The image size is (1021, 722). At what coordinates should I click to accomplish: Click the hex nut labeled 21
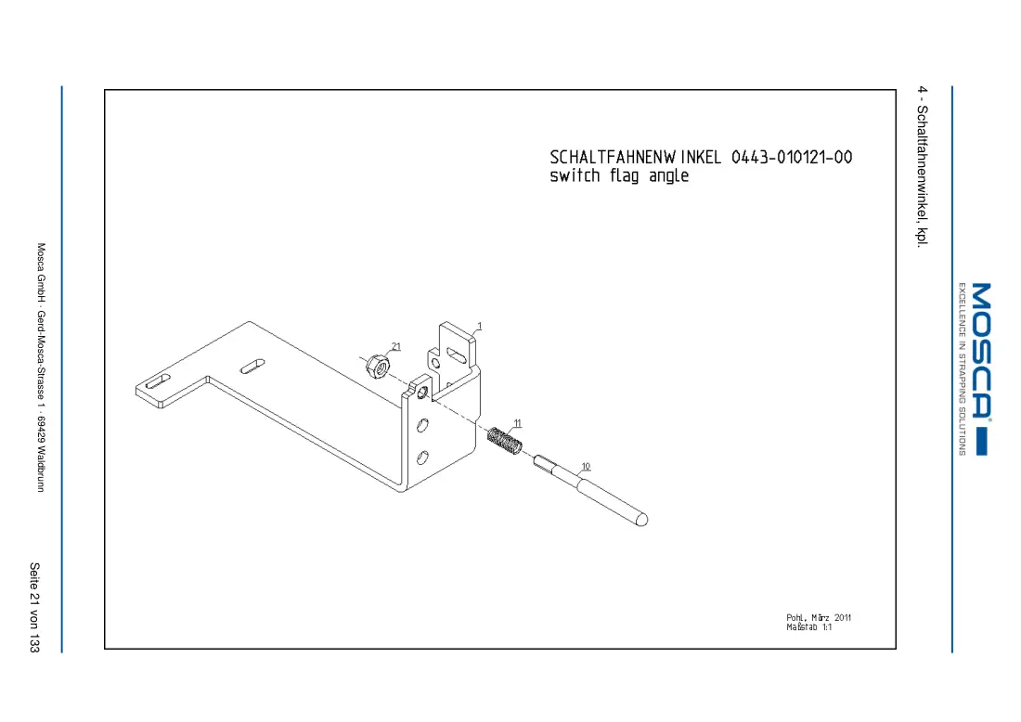[x=378, y=367]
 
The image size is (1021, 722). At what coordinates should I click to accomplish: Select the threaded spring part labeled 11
[x=505, y=441]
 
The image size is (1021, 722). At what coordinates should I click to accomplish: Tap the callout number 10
[x=586, y=466]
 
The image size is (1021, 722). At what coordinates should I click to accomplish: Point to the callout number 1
[x=480, y=326]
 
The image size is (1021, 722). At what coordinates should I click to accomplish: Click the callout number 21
[x=396, y=346]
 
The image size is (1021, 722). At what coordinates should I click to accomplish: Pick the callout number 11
[x=518, y=423]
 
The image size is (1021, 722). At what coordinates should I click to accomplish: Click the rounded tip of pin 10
[x=641, y=519]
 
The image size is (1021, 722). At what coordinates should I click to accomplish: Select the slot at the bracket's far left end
[x=158, y=381]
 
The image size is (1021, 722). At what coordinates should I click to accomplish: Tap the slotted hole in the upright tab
[x=457, y=355]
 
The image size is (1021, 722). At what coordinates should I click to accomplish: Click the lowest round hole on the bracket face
[x=422, y=457]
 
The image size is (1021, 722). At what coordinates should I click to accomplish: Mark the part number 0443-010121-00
[x=792, y=157]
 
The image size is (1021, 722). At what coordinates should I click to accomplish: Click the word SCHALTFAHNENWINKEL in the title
[x=636, y=157]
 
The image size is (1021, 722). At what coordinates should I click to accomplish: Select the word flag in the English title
[x=625, y=175]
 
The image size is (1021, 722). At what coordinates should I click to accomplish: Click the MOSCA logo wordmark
[x=981, y=350]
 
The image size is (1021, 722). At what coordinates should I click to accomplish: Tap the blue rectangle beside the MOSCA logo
[x=982, y=442]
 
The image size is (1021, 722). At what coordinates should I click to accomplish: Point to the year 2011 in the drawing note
[x=843, y=617]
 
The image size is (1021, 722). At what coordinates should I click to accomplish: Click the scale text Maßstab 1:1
[x=808, y=627]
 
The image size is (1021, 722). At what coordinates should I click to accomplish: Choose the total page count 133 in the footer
[x=34, y=642]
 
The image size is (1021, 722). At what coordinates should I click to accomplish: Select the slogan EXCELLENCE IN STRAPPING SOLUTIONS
[x=961, y=368]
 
